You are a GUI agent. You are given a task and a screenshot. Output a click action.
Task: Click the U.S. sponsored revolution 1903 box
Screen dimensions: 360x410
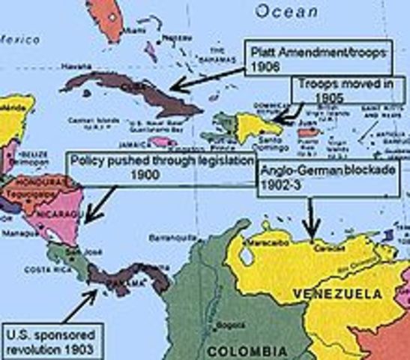tap(53, 342)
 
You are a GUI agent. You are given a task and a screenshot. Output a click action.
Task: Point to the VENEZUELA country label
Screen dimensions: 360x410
tap(331, 290)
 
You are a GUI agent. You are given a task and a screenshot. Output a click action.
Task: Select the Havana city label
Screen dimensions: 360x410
tap(76, 66)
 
